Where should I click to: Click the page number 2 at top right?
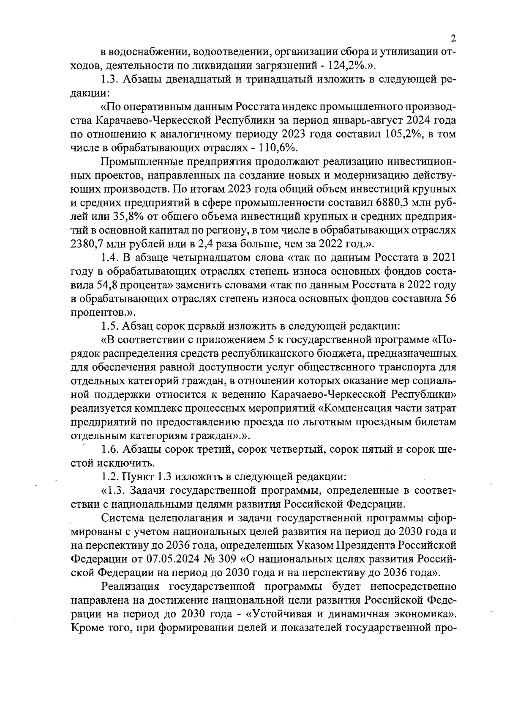click(x=453, y=39)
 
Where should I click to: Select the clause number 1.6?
click(x=110, y=449)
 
